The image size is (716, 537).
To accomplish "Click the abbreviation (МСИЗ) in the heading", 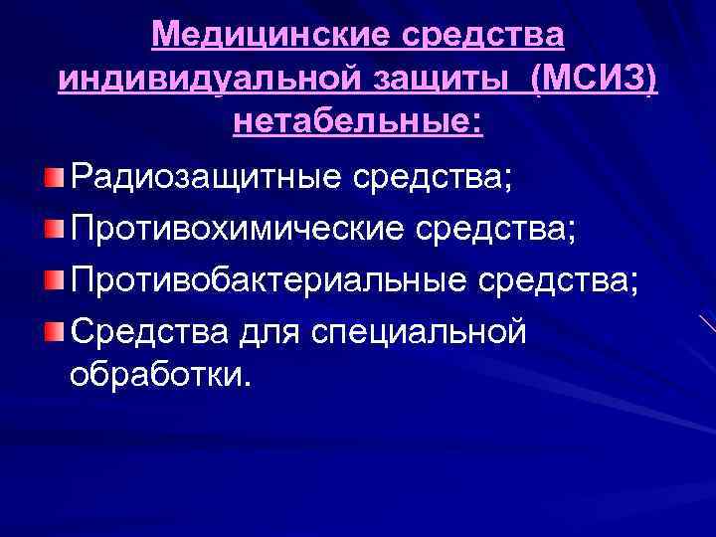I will pos(595,80).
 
